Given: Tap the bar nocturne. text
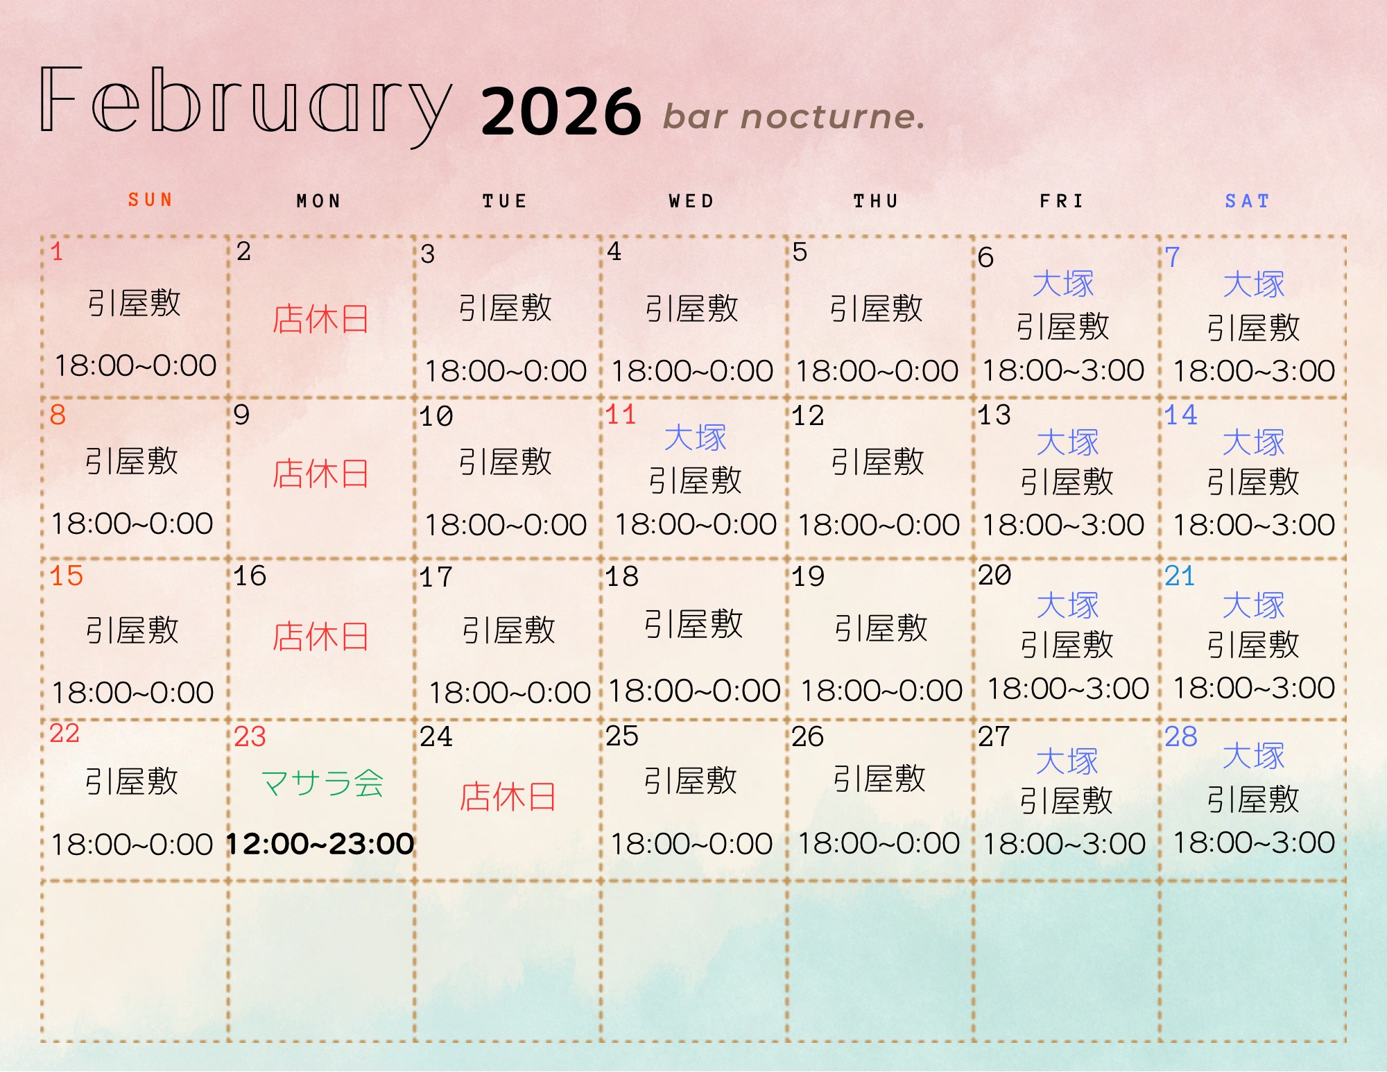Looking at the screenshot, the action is click(794, 116).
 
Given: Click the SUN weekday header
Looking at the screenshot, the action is click(150, 200).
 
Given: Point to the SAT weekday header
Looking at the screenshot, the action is click(1247, 201).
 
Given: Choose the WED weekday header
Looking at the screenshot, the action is click(691, 201).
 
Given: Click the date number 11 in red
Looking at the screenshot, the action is click(621, 415).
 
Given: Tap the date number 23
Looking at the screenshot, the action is click(250, 736).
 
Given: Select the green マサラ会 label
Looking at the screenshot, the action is click(322, 784).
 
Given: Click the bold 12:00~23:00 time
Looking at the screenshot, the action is click(320, 844).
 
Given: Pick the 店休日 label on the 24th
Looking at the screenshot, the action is click(508, 797).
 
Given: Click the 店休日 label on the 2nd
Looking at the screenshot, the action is click(320, 319).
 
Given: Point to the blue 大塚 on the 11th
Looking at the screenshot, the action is click(695, 438).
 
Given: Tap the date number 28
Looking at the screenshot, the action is click(1181, 736).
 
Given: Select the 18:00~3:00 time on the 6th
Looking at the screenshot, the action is click(1063, 370).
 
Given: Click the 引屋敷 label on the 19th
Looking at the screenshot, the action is click(881, 628).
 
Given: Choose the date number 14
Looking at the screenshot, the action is click(1181, 415).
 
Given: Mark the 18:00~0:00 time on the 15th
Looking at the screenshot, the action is click(132, 692).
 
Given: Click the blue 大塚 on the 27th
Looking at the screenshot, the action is click(1067, 761).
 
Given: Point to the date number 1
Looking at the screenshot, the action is click(57, 251).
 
